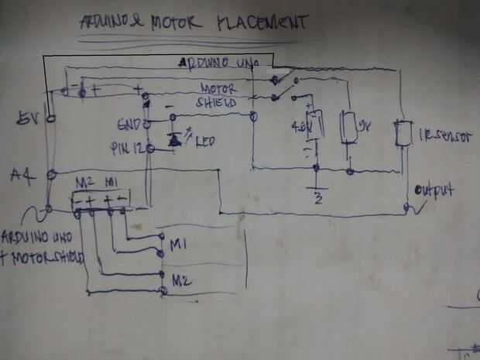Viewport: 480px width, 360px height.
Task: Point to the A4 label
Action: [x=22, y=175]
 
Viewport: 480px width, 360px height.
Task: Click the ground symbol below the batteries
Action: [x=315, y=190]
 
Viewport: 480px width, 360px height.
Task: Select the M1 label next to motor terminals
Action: [x=179, y=245]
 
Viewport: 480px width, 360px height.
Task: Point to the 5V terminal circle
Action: [x=50, y=119]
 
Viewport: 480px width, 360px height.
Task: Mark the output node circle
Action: [x=406, y=207]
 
